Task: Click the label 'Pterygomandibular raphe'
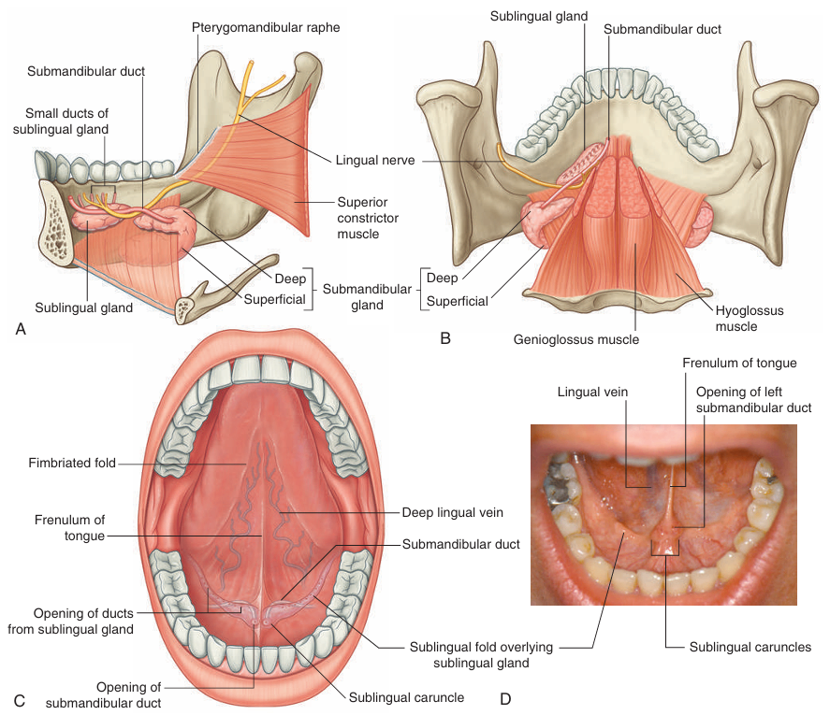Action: pyautogui.click(x=267, y=28)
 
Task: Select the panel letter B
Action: pyautogui.click(x=445, y=337)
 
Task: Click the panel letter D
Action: pyautogui.click(x=505, y=698)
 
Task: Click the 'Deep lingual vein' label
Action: pyautogui.click(x=453, y=512)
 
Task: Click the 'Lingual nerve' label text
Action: pyautogui.click(x=373, y=161)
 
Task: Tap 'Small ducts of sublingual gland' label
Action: pyautogui.click(x=62, y=121)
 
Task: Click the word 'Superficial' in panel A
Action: pyautogui.click(x=275, y=299)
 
